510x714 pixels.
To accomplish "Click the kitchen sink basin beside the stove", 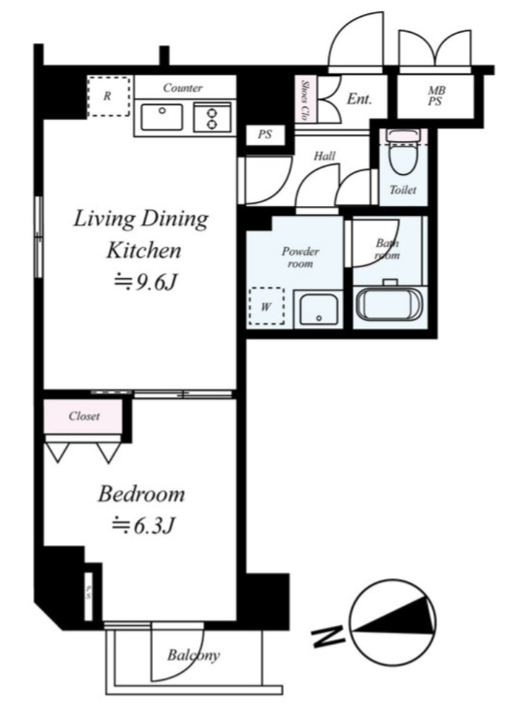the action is (161, 117).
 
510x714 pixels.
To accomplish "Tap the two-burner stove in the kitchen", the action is (213, 117).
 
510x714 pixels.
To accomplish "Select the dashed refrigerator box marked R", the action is (108, 96).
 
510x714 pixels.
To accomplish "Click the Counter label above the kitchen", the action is (183, 88).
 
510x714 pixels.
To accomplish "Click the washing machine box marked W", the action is (266, 306).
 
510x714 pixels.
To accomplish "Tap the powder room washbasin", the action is (318, 308).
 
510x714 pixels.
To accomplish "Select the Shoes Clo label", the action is (306, 101).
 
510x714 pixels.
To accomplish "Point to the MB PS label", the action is (435, 96).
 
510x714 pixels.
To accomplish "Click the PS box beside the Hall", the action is (266, 134).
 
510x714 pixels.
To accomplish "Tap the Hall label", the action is (324, 156).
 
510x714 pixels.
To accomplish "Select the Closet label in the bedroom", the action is (84, 416).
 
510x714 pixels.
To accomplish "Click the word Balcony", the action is (194, 655).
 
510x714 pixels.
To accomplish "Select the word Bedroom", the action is (142, 494).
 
